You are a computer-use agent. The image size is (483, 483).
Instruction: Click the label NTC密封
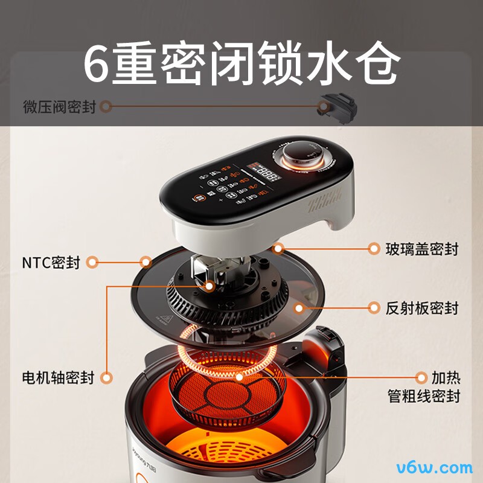[x=51, y=263]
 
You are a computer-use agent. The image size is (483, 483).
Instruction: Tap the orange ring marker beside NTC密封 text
[x=92, y=262]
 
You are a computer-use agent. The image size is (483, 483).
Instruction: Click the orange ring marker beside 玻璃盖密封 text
[x=375, y=248]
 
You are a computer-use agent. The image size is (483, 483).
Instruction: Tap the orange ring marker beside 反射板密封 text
[x=375, y=308]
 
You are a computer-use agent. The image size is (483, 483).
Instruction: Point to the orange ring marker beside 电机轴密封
[x=107, y=379]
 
